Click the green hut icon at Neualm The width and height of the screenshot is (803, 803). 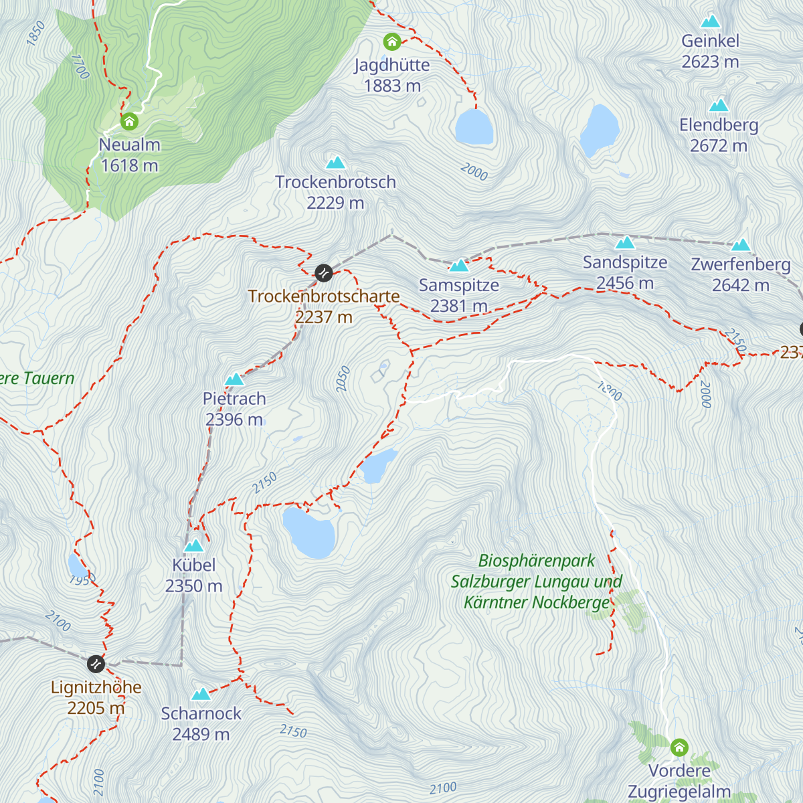pos(129,122)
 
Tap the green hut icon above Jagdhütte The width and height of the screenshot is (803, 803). pos(392,42)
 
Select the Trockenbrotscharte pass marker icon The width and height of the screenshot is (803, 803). pos(324,272)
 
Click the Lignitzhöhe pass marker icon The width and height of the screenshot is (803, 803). pos(96,664)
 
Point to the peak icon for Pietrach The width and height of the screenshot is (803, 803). pos(234,379)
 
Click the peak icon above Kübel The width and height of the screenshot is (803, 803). pos(193,545)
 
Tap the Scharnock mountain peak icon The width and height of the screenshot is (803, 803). pos(201,694)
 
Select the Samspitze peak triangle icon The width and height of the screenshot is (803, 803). pos(459,266)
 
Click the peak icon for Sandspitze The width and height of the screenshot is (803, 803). pos(625,242)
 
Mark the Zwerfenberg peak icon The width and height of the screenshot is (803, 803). pos(741,245)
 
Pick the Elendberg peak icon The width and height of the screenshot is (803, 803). pos(719,105)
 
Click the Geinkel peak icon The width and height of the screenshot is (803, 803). pos(710,21)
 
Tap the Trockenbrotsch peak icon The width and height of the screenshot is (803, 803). pos(335,163)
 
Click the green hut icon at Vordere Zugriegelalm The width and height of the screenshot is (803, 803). pos(679,747)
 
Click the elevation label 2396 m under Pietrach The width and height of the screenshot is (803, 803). pos(234,420)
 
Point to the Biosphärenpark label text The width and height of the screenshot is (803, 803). pos(537,561)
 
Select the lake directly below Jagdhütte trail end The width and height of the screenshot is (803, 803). pos(474,127)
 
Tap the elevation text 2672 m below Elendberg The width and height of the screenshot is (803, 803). pos(719,146)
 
